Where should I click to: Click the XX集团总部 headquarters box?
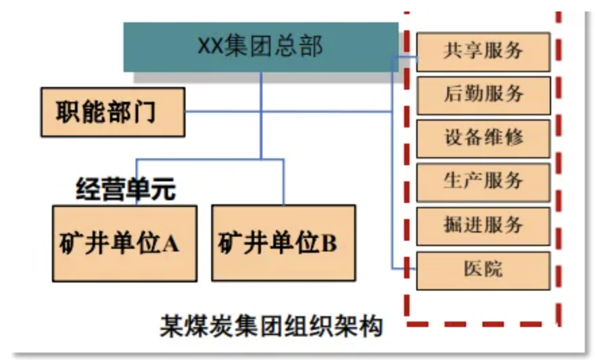click(261, 47)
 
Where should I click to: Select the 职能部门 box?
click(113, 113)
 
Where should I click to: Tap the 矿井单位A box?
click(125, 243)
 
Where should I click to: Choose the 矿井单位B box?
click(284, 243)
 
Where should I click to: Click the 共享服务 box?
click(484, 52)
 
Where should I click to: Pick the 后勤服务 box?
click(484, 95)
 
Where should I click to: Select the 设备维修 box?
click(484, 139)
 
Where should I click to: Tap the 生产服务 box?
click(484, 183)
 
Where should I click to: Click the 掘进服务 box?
click(484, 227)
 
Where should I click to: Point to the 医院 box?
click(484, 271)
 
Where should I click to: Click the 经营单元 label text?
click(126, 189)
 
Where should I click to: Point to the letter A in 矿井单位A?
click(171, 243)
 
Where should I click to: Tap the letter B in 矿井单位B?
click(329, 243)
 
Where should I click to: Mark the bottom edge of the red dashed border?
click(483, 324)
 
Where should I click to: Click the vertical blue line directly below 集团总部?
click(261, 115)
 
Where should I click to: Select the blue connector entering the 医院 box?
click(404, 268)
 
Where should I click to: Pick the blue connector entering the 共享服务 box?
click(405, 57)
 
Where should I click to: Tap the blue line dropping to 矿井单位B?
click(283, 182)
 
